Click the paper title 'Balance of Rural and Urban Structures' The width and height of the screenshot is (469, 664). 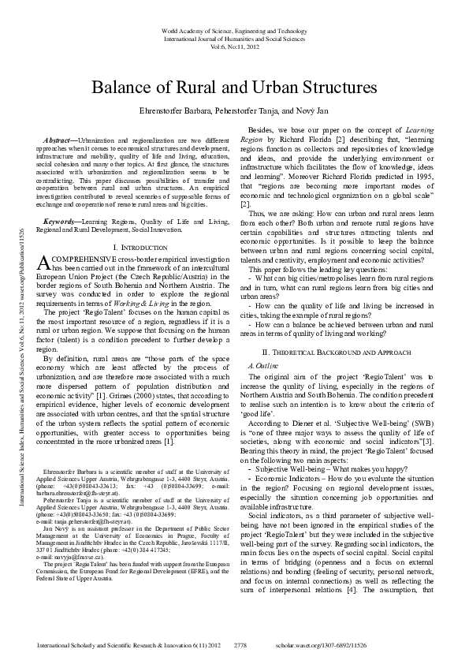pyautogui.click(x=234, y=88)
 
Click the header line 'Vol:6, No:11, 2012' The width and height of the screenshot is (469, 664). pyautogui.click(x=234, y=47)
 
